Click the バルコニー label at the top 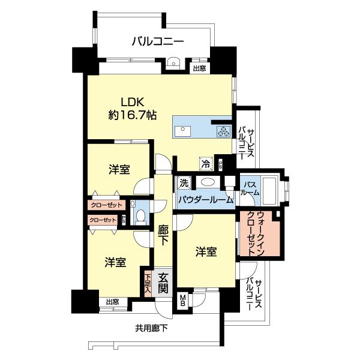(x=158, y=41)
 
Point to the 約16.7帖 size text (x=133, y=115)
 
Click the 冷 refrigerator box (x=206, y=161)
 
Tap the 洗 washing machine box (x=182, y=181)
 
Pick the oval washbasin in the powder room (x=208, y=182)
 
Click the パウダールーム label (x=205, y=200)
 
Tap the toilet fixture (x=142, y=216)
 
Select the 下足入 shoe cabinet (x=148, y=283)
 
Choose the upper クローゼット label (x=106, y=205)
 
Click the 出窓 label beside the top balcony (x=199, y=68)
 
